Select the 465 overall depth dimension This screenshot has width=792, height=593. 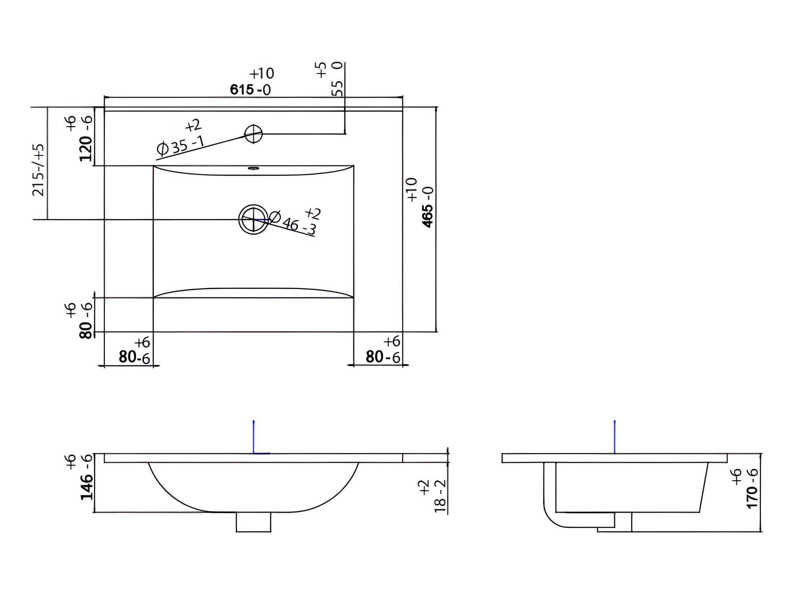420,202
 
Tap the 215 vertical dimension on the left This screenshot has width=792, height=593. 38,170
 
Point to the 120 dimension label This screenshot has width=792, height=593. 79,138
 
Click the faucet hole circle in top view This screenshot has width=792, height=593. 253,134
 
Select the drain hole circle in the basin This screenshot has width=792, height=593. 253,219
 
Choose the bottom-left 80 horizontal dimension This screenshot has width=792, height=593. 135,350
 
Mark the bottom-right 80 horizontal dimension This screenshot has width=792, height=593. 383,350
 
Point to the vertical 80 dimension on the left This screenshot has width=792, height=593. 79,320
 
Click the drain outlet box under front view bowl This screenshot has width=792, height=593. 253,522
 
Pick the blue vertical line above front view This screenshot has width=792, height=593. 253,437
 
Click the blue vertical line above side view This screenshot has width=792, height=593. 615,437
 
